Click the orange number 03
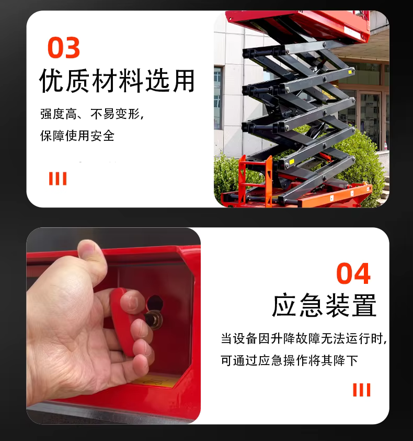tap(64, 48)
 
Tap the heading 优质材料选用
tap(117, 81)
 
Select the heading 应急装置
tap(324, 305)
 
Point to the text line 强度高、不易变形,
tap(92, 114)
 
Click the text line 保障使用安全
tap(77, 136)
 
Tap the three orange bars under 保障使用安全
tap(58, 179)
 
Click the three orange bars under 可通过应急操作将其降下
tap(361, 390)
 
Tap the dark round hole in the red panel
tap(155, 303)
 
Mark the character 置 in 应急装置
tap(364, 305)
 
